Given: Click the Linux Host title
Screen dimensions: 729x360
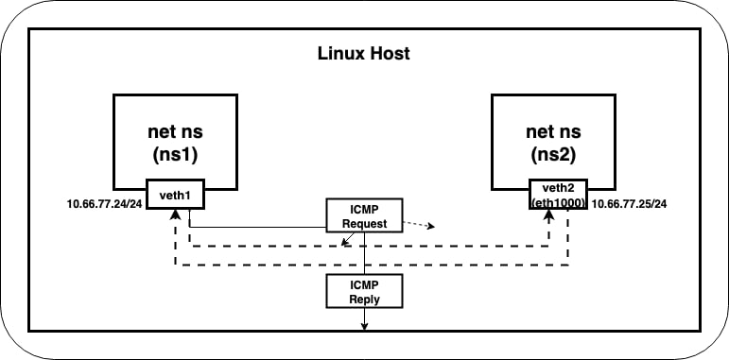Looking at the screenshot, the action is [x=364, y=54].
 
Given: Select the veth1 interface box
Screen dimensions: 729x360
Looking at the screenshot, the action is [x=175, y=194].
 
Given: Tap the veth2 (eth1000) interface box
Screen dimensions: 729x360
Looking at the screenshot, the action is [x=558, y=194].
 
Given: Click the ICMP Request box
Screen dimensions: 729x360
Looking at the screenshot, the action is [x=364, y=215].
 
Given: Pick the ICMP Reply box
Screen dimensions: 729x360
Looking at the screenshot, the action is [x=364, y=291].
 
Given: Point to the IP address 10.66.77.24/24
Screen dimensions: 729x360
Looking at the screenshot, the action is [x=104, y=204].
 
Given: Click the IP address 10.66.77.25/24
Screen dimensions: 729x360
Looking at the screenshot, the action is [x=629, y=204].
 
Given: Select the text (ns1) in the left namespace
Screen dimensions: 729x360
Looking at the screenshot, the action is [x=175, y=155].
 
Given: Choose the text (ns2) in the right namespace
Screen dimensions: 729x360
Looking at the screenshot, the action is [x=553, y=155].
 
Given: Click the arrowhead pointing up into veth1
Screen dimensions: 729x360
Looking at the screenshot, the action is [x=175, y=214].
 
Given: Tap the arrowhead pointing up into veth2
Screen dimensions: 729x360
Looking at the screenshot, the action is [x=549, y=214].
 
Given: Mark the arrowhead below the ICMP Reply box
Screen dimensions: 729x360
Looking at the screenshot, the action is [x=365, y=327].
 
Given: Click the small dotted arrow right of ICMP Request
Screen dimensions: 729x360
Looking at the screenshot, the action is [x=419, y=224].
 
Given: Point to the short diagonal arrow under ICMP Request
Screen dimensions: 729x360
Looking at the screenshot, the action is [x=348, y=238].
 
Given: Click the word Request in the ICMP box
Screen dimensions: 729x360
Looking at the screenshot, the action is [x=364, y=223].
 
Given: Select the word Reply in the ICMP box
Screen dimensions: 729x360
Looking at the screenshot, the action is [x=364, y=299].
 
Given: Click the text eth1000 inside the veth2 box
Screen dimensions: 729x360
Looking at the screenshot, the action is [x=558, y=202].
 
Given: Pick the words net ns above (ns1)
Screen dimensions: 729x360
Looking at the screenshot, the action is [x=175, y=132].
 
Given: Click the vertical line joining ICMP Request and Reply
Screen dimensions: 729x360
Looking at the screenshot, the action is [x=365, y=253].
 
